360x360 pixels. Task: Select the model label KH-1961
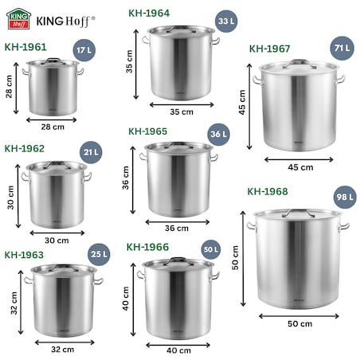tap(25, 48)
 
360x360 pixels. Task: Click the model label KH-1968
tap(268, 191)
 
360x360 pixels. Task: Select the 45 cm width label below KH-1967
tap(300, 167)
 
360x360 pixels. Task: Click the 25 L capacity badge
tap(99, 255)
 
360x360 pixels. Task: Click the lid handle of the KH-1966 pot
tap(177, 260)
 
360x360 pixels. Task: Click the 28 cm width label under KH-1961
tap(53, 127)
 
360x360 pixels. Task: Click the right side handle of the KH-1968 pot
tap(344, 227)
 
